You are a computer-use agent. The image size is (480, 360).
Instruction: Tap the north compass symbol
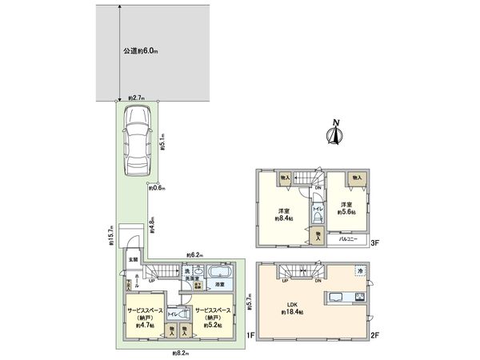335,134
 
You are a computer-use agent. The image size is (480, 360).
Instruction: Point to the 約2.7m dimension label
136,98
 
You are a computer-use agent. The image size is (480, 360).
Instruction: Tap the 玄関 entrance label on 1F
132,260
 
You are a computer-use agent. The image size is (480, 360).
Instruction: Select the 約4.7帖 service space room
145,316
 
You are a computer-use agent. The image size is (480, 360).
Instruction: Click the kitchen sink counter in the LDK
344,299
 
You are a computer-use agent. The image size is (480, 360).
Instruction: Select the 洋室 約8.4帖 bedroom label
282,213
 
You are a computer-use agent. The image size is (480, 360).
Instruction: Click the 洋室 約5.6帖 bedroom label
346,209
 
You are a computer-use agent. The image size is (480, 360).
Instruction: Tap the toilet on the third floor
317,206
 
